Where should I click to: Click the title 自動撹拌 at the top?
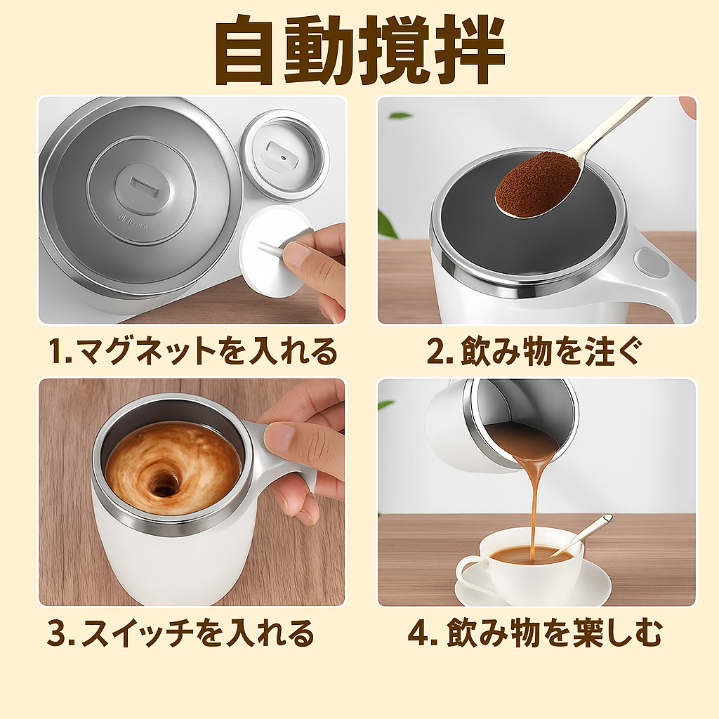tap(359, 50)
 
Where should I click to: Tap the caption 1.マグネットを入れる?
tap(193, 352)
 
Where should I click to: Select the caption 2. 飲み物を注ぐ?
tap(534, 352)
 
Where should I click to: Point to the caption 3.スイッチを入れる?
tap(180, 633)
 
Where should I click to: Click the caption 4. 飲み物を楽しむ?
tap(535, 633)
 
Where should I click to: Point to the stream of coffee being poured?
tap(534, 504)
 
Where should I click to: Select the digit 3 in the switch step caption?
tap(58, 633)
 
